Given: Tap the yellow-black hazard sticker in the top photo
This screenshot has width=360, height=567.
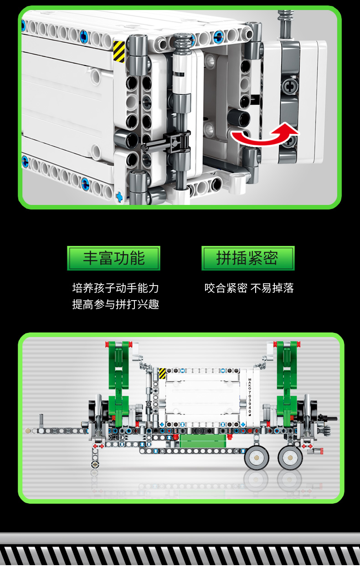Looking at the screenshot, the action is (x=119, y=51).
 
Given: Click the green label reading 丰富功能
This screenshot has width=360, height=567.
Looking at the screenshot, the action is (x=113, y=258).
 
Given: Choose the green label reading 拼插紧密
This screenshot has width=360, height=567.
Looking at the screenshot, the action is (x=248, y=258).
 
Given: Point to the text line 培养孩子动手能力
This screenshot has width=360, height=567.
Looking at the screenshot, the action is (x=116, y=288).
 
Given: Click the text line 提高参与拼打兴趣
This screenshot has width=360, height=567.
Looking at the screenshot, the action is (x=116, y=304).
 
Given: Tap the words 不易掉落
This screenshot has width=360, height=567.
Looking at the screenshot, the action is (x=272, y=288).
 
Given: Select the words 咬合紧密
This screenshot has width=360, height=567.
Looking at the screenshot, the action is (x=226, y=288).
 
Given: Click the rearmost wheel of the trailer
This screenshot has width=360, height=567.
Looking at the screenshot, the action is (x=290, y=458).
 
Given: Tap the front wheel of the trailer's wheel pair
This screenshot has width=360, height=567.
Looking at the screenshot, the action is (x=257, y=458).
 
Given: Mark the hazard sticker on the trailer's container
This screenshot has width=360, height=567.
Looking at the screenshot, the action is (x=162, y=373).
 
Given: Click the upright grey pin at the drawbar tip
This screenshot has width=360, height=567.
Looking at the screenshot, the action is (x=41, y=421).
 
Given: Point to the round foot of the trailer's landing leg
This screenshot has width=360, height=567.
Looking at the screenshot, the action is (x=95, y=464).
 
